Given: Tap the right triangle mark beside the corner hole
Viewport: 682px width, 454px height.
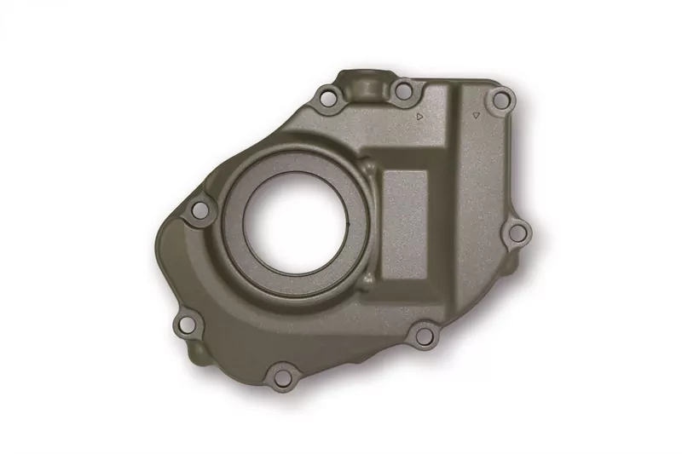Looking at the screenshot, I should (x=476, y=113).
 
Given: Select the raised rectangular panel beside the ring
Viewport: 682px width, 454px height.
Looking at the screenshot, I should (x=404, y=224).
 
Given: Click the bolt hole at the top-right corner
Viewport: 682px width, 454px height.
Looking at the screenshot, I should (x=502, y=101).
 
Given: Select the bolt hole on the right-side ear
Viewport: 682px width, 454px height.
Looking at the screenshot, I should (x=517, y=231).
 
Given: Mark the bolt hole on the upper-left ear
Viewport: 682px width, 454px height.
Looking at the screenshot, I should (x=199, y=209).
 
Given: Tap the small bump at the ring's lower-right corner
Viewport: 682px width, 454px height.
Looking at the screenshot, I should (x=367, y=280).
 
